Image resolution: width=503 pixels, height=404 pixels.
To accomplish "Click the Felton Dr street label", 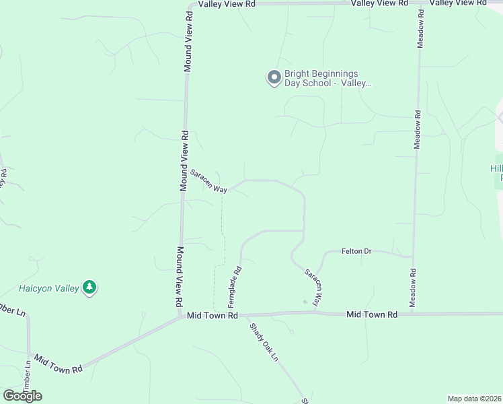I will click(356, 251).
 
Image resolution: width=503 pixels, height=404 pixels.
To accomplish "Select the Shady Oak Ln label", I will click(264, 343).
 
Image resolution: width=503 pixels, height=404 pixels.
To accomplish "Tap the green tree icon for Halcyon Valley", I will click(89, 288).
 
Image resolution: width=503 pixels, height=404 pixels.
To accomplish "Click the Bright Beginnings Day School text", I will click(321, 78).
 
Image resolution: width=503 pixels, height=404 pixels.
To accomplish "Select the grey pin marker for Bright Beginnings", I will click(274, 78).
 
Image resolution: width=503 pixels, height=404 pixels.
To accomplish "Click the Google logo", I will click(22, 396).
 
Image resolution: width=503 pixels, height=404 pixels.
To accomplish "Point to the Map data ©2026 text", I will click(475, 399).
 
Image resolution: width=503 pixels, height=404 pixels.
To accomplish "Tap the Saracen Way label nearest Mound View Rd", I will click(208, 180).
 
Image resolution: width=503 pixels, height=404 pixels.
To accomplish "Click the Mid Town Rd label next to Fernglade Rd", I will click(212, 315).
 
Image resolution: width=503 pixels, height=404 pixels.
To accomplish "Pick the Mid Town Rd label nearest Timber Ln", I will click(58, 364).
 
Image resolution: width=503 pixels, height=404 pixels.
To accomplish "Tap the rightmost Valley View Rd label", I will click(458, 3).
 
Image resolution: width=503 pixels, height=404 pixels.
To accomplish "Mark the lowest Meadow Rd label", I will click(412, 288).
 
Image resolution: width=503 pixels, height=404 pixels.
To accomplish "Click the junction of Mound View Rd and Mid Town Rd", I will click(182, 315).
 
